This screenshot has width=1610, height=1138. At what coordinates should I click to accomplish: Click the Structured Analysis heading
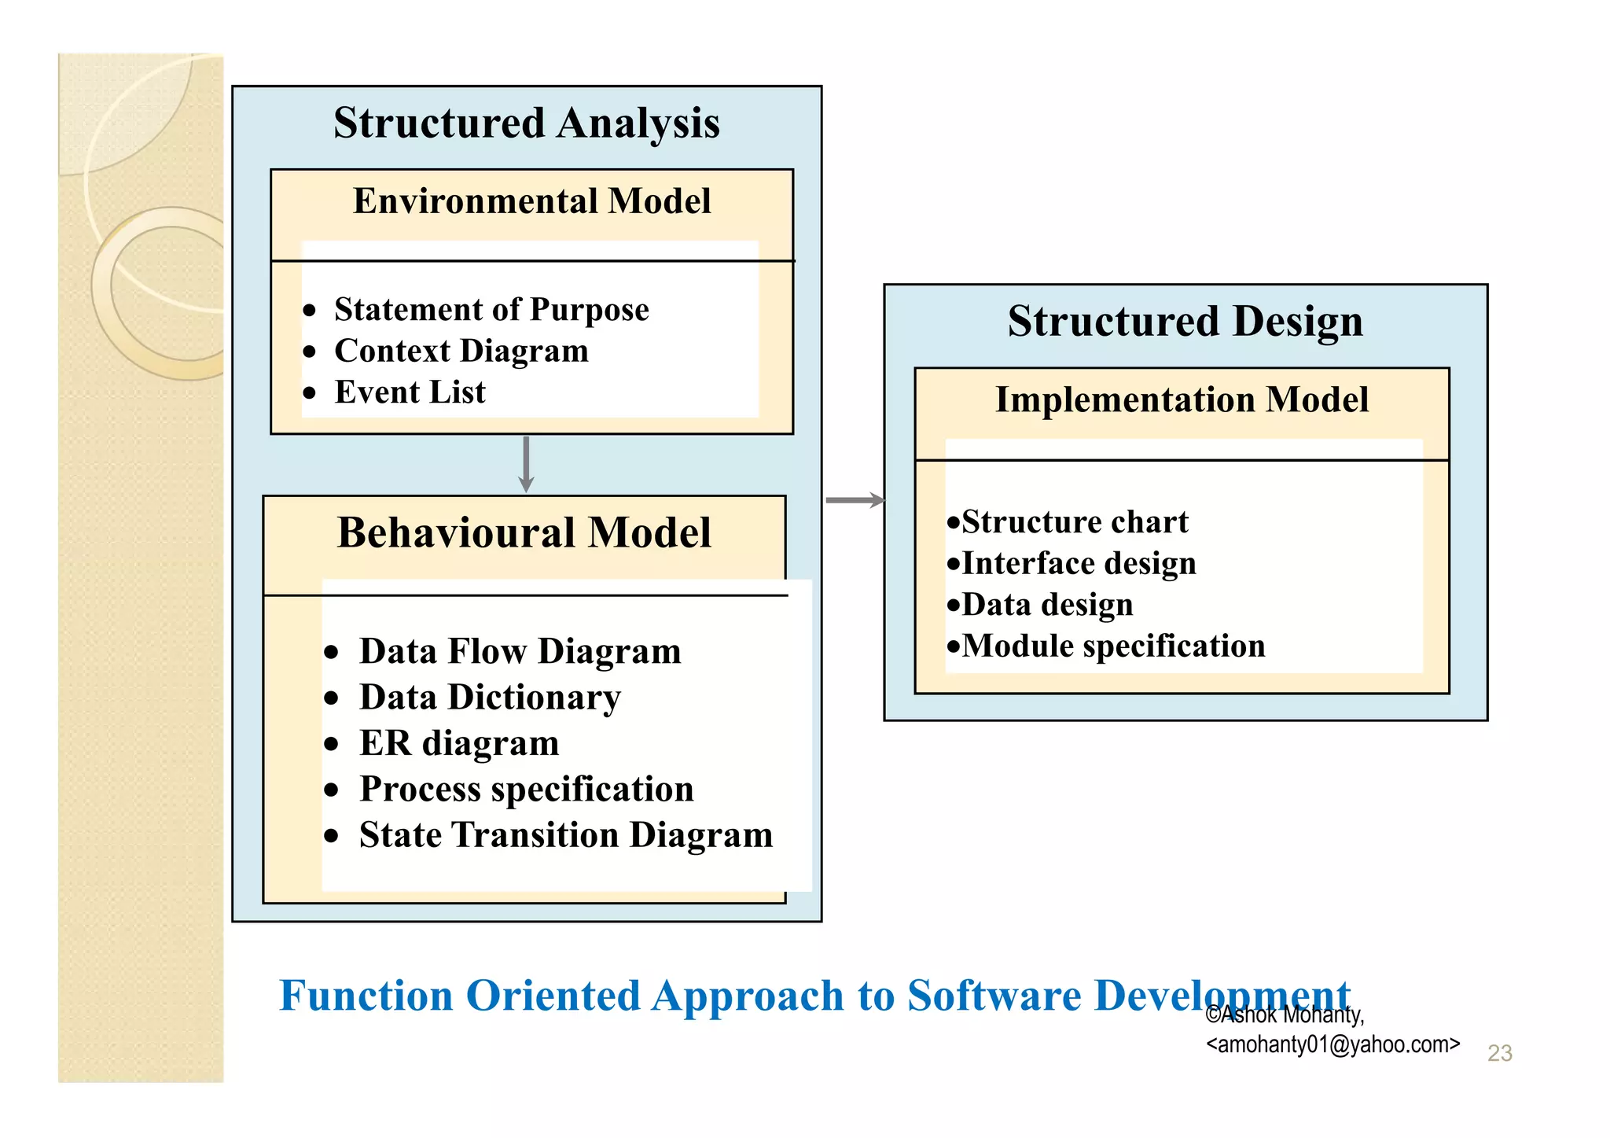coord(526,123)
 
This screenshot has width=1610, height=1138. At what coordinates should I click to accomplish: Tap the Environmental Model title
coord(531,201)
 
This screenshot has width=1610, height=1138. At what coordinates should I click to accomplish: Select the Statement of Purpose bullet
coord(491,310)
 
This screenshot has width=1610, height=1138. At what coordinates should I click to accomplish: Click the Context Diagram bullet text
coord(461,351)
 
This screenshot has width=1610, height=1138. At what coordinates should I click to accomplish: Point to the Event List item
coord(410,392)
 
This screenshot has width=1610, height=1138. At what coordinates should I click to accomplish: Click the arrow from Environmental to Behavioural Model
coord(526,464)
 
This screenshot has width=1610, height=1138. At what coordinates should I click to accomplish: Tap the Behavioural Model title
coord(524,533)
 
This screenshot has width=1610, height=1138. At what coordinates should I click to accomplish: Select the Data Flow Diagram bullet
coord(520,652)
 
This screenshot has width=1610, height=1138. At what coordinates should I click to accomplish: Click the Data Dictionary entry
coord(490,698)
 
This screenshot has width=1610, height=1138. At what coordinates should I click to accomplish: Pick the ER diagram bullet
coord(459,743)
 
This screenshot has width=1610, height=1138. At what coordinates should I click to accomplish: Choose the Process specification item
coord(526,790)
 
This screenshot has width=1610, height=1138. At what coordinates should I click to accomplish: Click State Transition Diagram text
coord(566,835)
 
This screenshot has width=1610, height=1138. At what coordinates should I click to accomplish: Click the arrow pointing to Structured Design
coord(855,500)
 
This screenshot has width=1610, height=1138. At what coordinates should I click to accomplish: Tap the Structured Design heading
coord(1185,322)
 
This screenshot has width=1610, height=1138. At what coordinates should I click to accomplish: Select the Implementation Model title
coord(1182,400)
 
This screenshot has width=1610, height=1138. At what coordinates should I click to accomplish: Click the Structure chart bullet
coord(1075,522)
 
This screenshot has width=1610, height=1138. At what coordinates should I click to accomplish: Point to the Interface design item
coord(1079,564)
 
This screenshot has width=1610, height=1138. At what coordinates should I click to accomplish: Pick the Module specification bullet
coord(1113,646)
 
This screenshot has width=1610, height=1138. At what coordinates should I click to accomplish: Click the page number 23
coord(1499,1053)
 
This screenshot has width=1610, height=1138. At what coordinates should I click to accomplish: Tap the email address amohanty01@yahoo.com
coord(1332,1044)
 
